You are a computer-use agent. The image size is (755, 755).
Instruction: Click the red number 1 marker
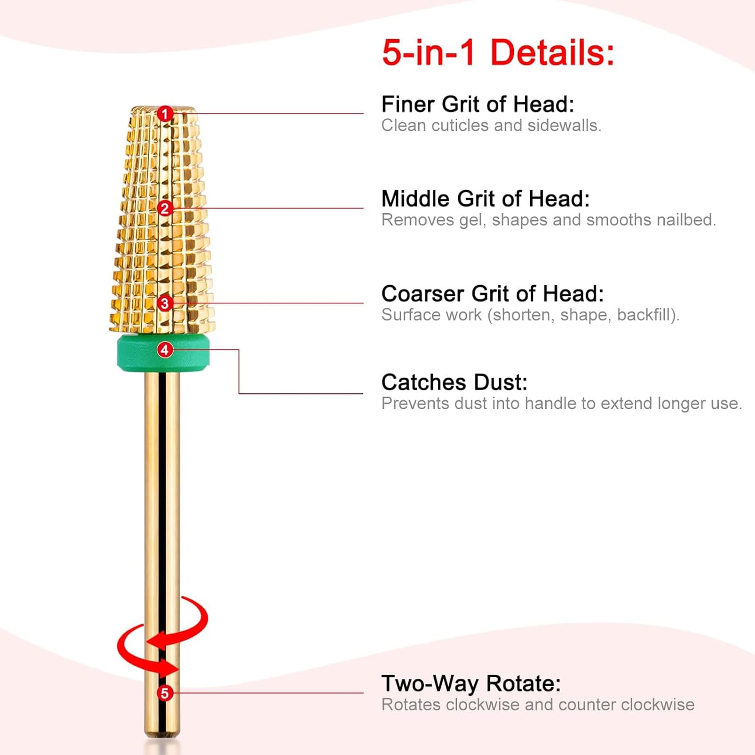click(x=165, y=114)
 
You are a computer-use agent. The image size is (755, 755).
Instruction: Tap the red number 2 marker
click(x=165, y=208)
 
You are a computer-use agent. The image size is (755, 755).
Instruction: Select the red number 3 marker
click(x=165, y=303)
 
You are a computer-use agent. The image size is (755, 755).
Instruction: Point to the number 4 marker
click(x=165, y=350)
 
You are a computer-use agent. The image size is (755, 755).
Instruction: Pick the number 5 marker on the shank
click(x=165, y=693)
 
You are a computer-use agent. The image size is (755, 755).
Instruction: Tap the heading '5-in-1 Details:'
click(x=498, y=52)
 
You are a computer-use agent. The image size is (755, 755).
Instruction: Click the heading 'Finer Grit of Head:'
click(x=478, y=104)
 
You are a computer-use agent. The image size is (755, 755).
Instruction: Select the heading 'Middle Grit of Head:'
click(x=486, y=199)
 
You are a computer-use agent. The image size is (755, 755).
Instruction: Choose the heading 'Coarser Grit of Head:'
click(x=493, y=294)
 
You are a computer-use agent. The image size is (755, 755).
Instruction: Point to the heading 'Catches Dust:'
click(x=454, y=382)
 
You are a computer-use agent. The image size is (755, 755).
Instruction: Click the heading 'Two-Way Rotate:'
click(x=471, y=683)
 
